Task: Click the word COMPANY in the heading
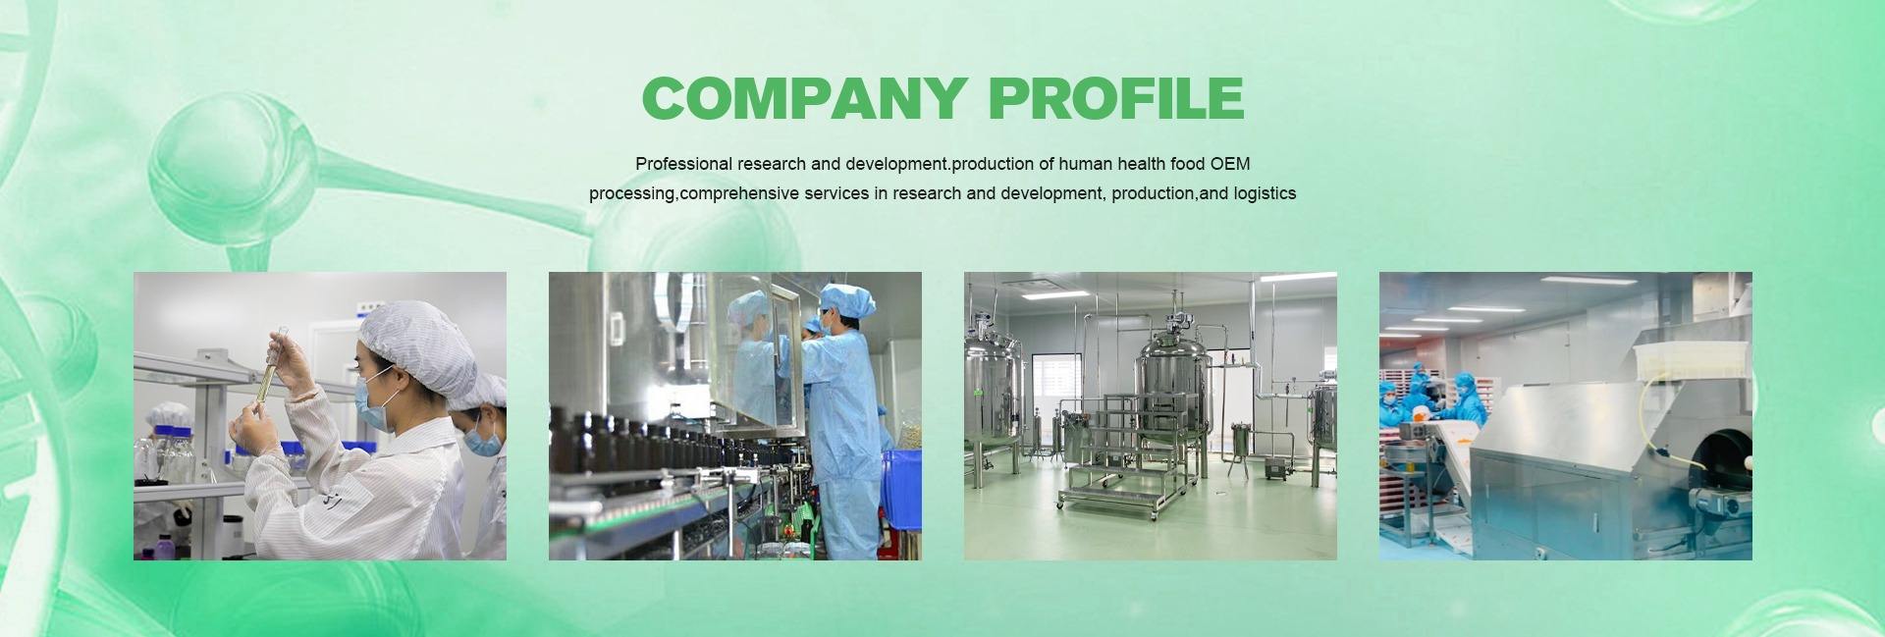click(x=804, y=98)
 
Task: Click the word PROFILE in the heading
click(x=1116, y=98)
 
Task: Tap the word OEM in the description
click(x=1230, y=164)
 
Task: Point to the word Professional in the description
click(x=683, y=164)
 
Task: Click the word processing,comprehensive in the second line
click(x=694, y=193)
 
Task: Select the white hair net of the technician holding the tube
click(x=412, y=339)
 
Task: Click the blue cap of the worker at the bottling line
click(x=846, y=298)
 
